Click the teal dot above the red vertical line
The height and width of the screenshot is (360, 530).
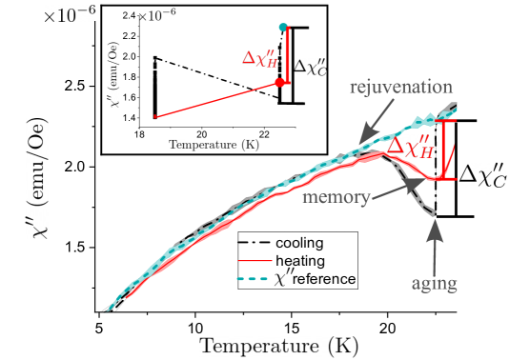click(x=282, y=27)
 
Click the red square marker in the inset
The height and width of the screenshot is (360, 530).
click(x=280, y=83)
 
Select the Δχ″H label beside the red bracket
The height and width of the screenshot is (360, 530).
click(x=416, y=145)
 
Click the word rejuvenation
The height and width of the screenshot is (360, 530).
click(x=400, y=88)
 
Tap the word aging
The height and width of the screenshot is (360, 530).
click(x=435, y=283)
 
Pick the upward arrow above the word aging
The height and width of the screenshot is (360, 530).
click(x=436, y=242)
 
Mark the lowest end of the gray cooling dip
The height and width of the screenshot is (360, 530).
click(x=432, y=211)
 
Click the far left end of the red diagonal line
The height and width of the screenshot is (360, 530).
click(x=155, y=117)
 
